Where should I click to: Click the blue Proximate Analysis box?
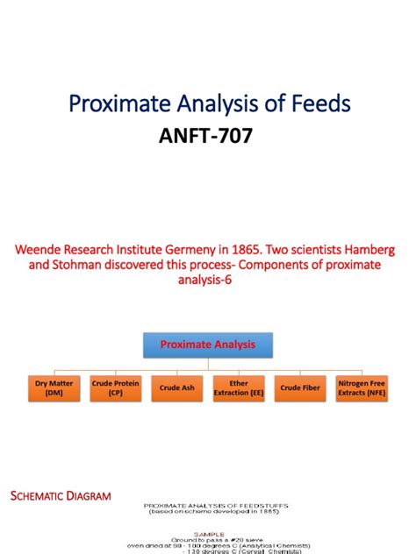(x=208, y=345)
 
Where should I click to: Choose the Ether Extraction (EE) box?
(x=238, y=388)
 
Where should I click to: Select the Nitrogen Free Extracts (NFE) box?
(x=362, y=388)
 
